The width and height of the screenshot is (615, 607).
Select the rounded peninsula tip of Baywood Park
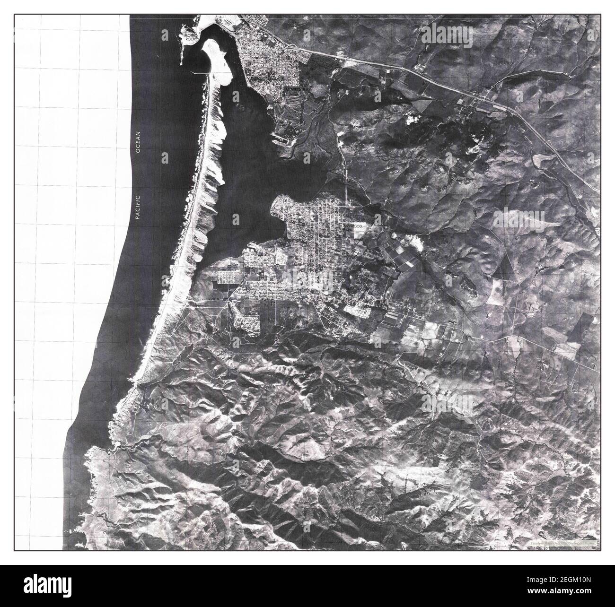coord(277,204)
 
